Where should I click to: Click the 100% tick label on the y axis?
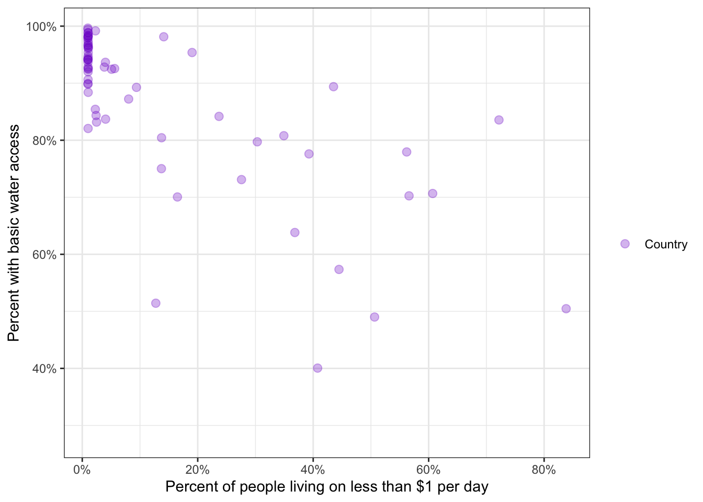click(x=41, y=27)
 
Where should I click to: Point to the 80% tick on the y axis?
click(x=44, y=141)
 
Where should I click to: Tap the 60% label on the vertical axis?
click(x=44, y=255)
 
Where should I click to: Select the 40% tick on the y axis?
click(x=44, y=369)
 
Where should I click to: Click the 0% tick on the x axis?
click(x=82, y=470)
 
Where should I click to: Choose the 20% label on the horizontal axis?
click(x=198, y=470)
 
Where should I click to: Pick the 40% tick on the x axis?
click(x=313, y=470)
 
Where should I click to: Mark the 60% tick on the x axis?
click(x=428, y=470)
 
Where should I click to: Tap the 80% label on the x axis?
click(x=543, y=470)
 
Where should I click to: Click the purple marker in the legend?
click(x=625, y=244)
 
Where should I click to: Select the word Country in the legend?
click(x=666, y=244)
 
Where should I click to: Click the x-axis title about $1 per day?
click(x=327, y=487)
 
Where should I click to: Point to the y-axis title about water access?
click(x=14, y=233)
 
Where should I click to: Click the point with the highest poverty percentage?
click(x=566, y=309)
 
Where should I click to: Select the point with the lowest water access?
click(x=318, y=368)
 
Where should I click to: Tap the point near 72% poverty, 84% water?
click(x=499, y=120)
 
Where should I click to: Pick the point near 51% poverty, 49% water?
click(x=375, y=317)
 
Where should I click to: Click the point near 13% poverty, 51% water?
click(x=155, y=303)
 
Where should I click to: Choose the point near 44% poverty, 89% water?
click(x=333, y=87)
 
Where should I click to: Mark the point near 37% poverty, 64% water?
click(x=294, y=232)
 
